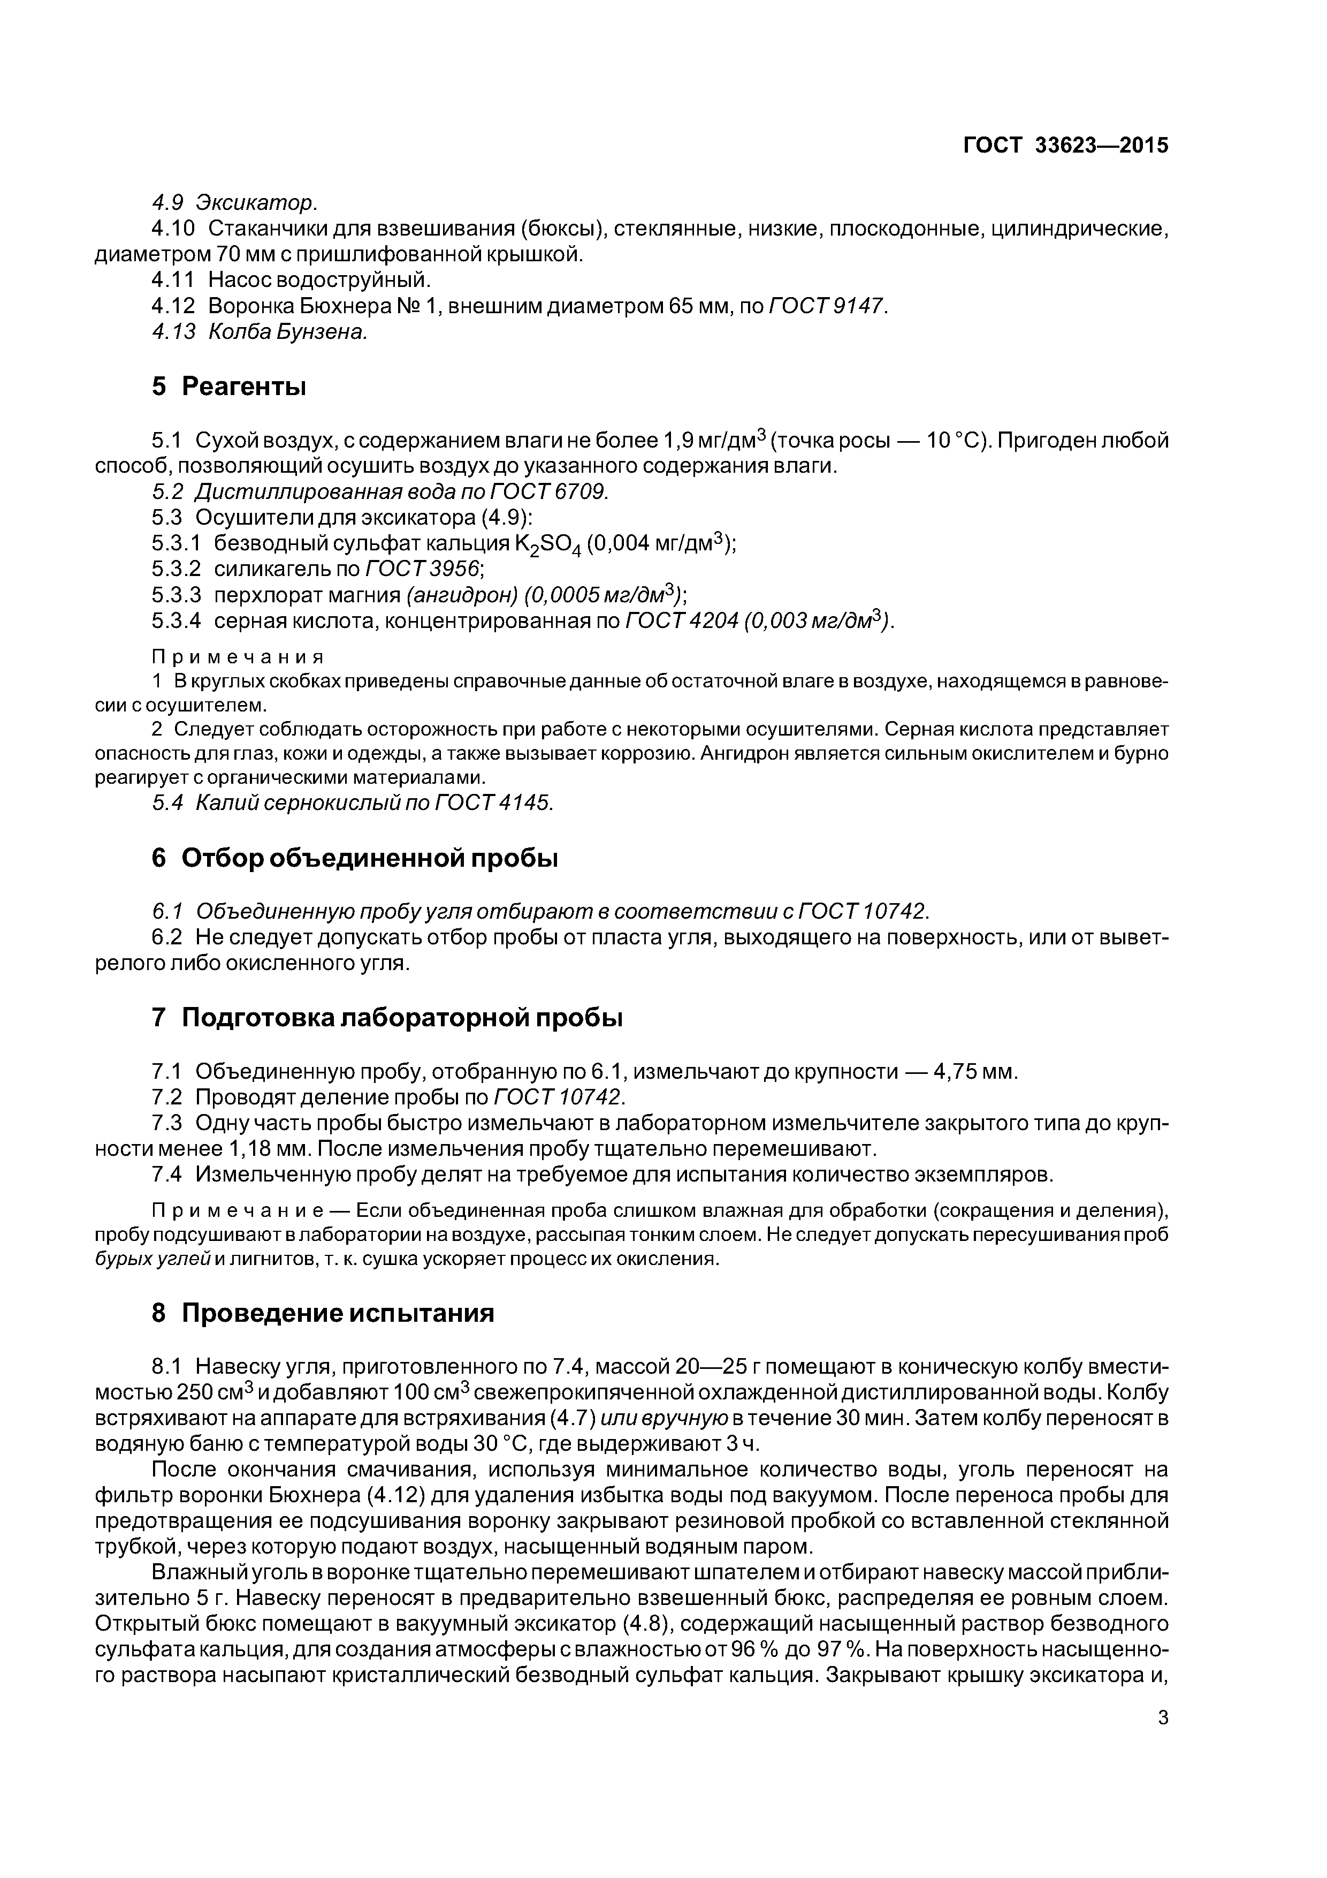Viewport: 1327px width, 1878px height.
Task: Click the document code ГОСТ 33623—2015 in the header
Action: tap(1065, 146)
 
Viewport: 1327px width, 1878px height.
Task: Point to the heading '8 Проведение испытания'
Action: tap(323, 1313)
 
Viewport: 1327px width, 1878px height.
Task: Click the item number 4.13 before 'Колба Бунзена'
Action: tap(173, 332)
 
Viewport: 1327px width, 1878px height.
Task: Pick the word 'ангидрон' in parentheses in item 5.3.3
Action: tap(460, 595)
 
